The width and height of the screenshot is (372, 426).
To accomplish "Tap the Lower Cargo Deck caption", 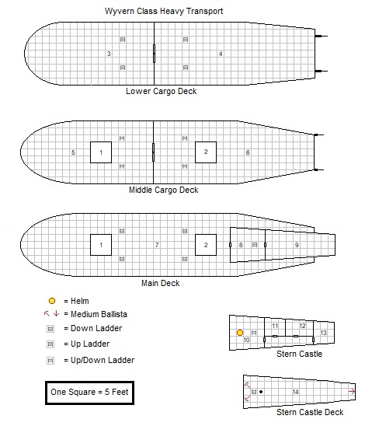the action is point(162,91).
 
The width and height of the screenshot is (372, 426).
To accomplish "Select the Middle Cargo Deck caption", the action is point(163,190).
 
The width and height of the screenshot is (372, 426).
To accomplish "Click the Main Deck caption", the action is point(160,283).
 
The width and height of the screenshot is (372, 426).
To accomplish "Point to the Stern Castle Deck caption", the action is point(310,412).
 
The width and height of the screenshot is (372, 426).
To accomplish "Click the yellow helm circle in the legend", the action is point(51,301).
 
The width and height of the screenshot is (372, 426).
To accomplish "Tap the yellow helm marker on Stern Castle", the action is point(240,333).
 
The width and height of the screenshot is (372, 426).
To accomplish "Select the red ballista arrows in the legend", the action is point(51,314).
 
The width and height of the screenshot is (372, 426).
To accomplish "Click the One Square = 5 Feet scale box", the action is point(88,393).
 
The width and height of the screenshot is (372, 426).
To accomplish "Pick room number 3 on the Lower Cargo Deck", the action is point(109,54).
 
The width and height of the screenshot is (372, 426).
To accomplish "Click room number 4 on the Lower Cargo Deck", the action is point(221,54).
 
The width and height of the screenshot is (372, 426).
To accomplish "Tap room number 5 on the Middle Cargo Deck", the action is point(73,152).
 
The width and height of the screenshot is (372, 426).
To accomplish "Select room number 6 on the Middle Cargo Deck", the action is point(248,152).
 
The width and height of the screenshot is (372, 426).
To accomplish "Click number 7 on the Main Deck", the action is point(157,246).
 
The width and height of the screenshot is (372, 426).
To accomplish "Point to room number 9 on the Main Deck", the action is point(297,246).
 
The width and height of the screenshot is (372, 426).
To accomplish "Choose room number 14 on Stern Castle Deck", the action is point(295,392).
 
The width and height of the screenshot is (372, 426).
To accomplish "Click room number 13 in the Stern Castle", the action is point(323,333).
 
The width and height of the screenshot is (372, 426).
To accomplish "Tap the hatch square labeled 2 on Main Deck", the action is point(206,246).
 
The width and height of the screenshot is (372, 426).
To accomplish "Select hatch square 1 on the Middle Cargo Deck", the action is point(101,152).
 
